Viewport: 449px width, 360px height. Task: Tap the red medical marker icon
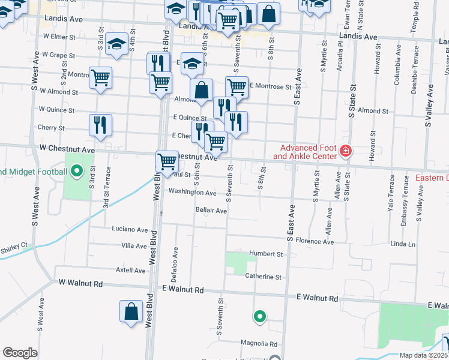point(345,151)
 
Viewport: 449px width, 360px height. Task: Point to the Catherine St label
point(263,277)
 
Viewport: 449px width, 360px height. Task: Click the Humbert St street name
point(266,254)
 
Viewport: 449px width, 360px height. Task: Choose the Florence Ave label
point(315,242)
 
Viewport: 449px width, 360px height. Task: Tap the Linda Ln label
point(403,244)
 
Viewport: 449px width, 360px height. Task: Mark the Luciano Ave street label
point(130,229)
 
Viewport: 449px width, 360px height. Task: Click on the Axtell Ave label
point(131,271)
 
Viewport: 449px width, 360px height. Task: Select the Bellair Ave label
point(211,211)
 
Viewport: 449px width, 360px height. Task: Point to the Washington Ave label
point(192,193)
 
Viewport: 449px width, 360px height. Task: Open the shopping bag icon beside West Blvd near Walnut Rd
point(131,312)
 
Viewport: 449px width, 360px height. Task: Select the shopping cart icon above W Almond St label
point(100,78)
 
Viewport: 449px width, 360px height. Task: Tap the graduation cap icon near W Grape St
point(116,44)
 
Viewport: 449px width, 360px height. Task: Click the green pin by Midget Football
point(76,172)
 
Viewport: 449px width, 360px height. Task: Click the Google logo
point(20,353)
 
